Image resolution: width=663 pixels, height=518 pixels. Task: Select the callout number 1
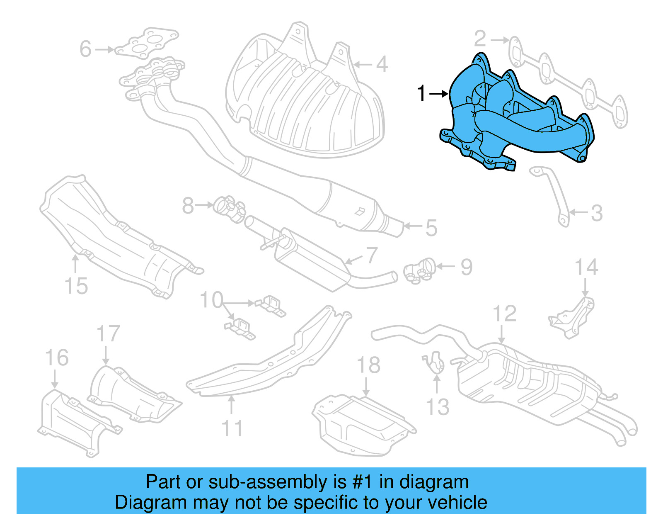421,94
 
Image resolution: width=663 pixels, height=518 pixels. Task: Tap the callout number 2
480,39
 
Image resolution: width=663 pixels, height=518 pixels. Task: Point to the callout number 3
596,213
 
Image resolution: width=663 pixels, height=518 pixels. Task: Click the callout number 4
382,64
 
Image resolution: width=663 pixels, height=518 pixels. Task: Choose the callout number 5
431,228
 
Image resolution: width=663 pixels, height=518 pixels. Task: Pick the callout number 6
85,49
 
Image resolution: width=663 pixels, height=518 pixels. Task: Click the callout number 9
466,267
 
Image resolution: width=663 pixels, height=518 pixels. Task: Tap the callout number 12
504,314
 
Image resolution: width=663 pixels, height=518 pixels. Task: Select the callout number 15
76,286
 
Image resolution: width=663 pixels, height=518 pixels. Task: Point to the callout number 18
368,365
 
